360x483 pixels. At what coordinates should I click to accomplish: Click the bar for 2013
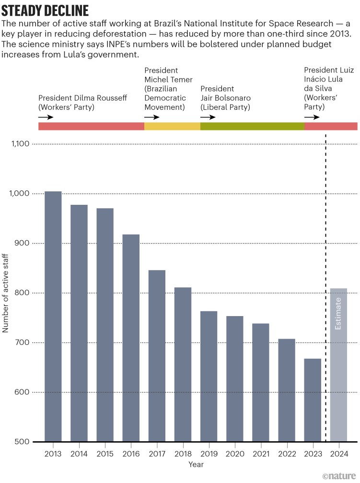(x=53, y=317)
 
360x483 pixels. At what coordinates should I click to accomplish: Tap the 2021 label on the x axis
(x=261, y=453)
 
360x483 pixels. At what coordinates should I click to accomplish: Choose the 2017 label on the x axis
(x=157, y=453)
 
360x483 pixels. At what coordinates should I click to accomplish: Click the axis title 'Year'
(x=196, y=465)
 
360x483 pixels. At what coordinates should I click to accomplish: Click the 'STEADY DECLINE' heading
(x=45, y=10)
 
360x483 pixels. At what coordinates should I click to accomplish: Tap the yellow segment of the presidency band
(x=172, y=126)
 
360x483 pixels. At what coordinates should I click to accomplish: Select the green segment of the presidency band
(x=252, y=126)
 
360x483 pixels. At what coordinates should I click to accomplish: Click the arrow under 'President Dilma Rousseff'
(x=46, y=117)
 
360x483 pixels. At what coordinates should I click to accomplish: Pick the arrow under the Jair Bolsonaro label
(x=208, y=117)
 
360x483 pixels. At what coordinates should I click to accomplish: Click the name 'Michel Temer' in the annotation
(x=168, y=80)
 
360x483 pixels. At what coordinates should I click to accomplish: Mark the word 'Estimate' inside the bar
(x=338, y=314)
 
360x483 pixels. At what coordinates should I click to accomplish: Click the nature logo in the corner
(x=340, y=476)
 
